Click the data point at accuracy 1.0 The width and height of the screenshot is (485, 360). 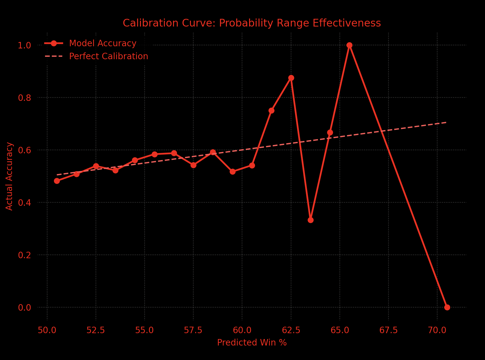tap(349, 45)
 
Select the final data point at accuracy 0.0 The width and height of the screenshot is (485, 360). tap(447, 307)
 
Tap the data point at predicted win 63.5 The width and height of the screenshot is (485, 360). tap(310, 220)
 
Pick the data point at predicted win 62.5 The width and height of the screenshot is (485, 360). tap(291, 78)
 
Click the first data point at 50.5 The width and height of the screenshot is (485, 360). tap(57, 181)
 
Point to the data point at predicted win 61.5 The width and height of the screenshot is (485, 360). tap(271, 110)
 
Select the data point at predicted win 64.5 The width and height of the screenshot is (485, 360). tap(330, 132)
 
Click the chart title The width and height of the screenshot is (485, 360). tap(252, 23)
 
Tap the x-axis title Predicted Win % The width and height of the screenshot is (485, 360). tap(252, 343)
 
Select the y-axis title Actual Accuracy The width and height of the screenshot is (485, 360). tap(10, 176)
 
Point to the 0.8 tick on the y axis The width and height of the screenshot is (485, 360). tap(25, 98)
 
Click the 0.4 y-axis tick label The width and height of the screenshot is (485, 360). tap(25, 203)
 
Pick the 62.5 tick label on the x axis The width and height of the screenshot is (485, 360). tap(291, 330)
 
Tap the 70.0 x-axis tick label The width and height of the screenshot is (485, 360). tap(437, 330)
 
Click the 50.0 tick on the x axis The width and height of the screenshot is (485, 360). tap(47, 330)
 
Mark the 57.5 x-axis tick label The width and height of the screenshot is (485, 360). tap(193, 330)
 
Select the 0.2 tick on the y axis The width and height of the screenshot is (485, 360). tap(25, 255)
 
